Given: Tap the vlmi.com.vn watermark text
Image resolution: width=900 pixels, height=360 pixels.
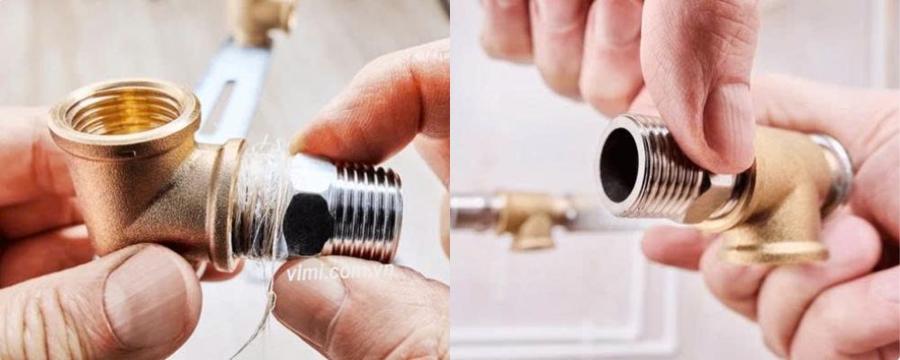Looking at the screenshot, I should coord(340,271).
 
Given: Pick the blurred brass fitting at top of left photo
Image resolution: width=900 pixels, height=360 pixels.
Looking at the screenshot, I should coord(261,18).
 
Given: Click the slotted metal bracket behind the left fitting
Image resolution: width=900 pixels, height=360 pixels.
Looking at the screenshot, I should coord(229,90).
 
